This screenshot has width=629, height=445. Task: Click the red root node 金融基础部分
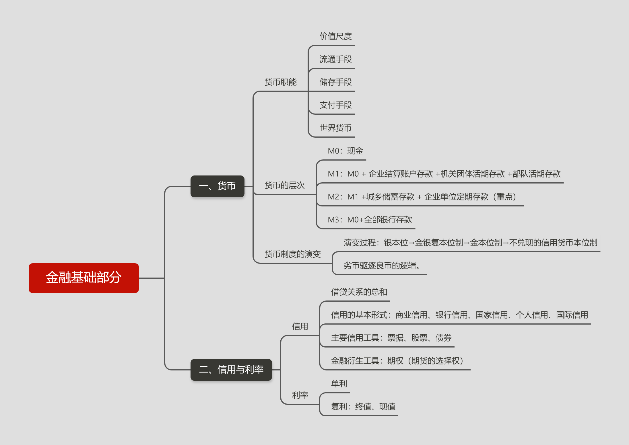tap(84, 278)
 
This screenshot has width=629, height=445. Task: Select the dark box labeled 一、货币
tap(218, 186)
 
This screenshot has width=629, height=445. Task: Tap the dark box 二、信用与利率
tap(231, 370)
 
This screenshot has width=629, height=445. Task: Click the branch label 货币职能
tap(281, 82)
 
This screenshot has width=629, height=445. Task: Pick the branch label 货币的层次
tap(285, 185)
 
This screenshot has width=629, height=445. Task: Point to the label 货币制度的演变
tap(293, 254)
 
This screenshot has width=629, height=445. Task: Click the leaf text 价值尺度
tap(336, 36)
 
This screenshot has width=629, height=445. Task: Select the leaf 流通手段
tap(336, 59)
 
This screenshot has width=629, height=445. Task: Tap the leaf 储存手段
tap(336, 82)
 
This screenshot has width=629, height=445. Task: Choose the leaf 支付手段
tap(336, 105)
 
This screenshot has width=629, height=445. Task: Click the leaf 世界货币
tap(336, 128)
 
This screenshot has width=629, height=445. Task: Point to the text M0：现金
tap(345, 151)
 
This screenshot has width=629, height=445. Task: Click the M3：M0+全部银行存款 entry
tap(370, 220)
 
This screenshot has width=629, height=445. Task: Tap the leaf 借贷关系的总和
tap(359, 292)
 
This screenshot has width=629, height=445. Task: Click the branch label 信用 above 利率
tap(300, 326)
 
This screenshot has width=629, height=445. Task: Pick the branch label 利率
tap(300, 395)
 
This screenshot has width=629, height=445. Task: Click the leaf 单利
tap(339, 384)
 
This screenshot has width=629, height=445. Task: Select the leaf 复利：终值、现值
tap(363, 407)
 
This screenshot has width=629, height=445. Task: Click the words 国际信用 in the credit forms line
tap(572, 315)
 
